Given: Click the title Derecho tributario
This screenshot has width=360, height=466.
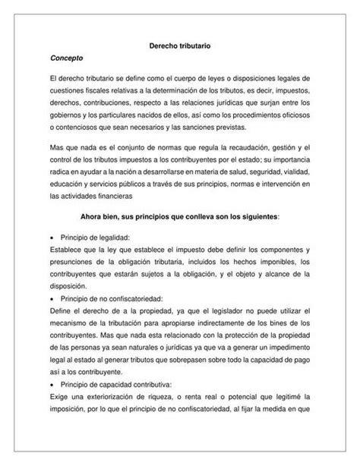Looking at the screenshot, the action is (x=179, y=46).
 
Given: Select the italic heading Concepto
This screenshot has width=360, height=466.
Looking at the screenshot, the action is (x=65, y=59).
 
